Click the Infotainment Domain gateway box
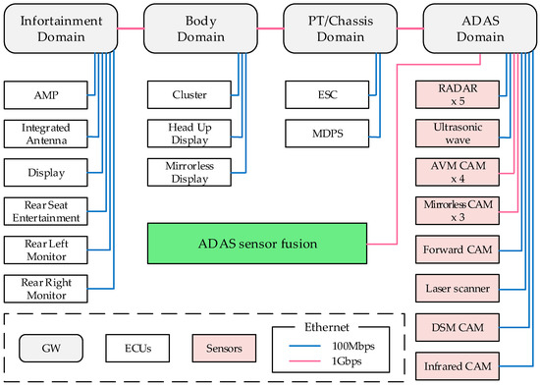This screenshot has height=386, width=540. tap(59, 28)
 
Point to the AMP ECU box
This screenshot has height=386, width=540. tap(45, 95)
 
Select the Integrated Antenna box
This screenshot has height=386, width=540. tap(45, 135)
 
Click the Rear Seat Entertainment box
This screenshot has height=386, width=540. tap(45, 211)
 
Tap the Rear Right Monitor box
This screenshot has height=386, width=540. tap(45, 289)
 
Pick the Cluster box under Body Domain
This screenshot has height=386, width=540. tap(189, 95)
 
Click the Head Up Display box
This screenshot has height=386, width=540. tap(189, 135)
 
